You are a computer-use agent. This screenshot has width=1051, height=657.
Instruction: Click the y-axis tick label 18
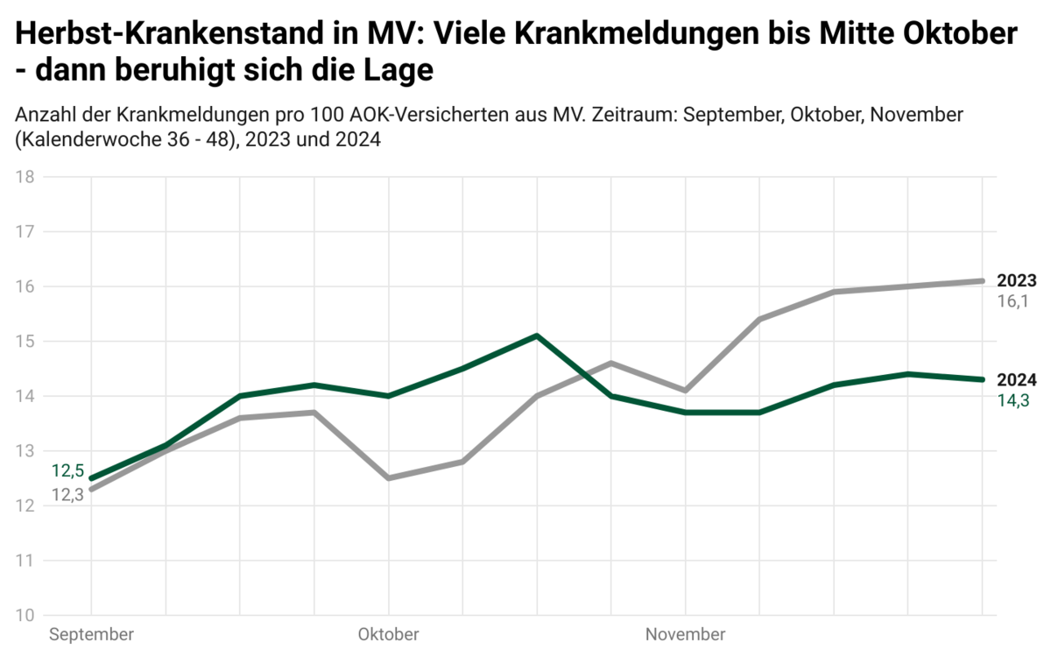point(25,177)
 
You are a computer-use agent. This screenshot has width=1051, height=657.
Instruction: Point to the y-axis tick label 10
point(25,615)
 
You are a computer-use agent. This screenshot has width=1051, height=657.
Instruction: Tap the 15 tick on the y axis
point(25,342)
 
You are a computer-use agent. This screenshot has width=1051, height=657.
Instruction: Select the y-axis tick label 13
point(25,451)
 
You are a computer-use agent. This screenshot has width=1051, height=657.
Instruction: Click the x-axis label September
point(92,634)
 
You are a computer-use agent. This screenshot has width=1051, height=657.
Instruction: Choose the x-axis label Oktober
point(388,634)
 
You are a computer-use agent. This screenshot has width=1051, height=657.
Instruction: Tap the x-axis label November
point(685,634)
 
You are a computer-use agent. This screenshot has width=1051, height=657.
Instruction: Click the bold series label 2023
point(1017,281)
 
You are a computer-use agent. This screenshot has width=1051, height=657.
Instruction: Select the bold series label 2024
point(1017,380)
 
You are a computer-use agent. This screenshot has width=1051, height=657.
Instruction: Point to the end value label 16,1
point(1012,301)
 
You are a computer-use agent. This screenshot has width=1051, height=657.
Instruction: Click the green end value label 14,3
point(1012,400)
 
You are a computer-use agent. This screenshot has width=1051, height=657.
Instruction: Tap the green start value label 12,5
point(67,471)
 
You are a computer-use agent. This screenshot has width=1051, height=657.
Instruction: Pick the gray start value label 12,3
point(67,495)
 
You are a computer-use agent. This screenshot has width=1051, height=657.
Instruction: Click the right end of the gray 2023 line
point(983,281)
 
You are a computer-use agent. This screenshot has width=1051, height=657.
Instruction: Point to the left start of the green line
point(92,478)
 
